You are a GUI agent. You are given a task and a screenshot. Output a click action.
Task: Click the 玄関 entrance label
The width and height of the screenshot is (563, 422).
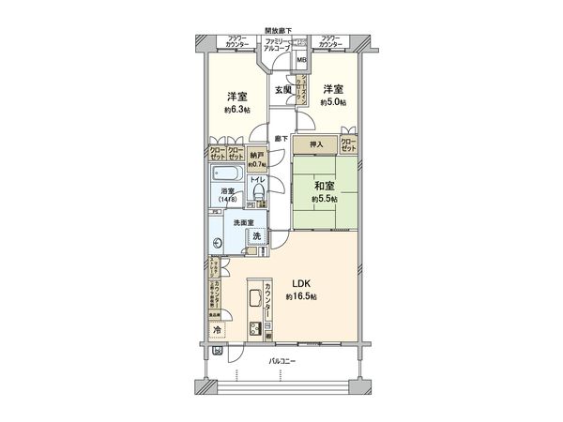[281, 89]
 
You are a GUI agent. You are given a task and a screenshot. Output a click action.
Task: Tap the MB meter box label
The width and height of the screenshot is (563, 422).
[301, 61]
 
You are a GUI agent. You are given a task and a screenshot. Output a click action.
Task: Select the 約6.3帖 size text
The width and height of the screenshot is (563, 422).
[236, 110]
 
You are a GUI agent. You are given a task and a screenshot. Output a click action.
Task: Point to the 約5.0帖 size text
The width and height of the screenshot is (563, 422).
[332, 103]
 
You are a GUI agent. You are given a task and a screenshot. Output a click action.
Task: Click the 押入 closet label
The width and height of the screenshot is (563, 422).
[316, 144]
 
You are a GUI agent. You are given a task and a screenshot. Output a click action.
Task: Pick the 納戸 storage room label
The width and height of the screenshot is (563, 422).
[257, 157]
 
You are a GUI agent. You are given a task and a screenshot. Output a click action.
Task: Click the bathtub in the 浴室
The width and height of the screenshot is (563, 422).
[226, 176]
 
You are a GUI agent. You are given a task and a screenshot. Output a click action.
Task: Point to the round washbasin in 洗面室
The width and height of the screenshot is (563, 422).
[218, 243]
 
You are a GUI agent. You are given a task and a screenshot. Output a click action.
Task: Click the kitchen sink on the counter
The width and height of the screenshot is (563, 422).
[253, 301]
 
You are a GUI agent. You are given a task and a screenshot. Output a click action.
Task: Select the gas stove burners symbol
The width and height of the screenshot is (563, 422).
[253, 329]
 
